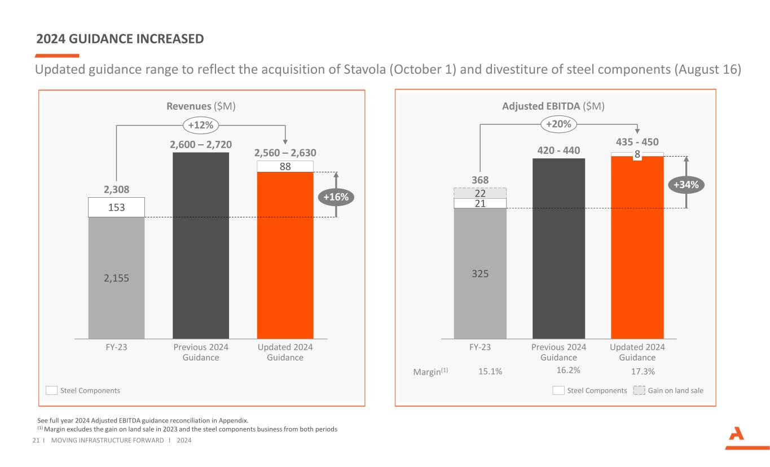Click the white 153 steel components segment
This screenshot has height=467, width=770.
pos(116,207)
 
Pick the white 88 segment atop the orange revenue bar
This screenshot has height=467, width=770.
pos(285,166)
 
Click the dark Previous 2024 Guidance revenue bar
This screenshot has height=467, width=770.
pos(200,245)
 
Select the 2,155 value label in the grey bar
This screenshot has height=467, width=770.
pos(116,278)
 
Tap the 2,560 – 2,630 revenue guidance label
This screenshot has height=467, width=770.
pos(285,153)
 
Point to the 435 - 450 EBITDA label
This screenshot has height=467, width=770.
pos(637,142)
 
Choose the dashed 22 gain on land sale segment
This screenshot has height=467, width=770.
pos(480,193)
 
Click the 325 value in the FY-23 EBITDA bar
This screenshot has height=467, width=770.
pos(480,274)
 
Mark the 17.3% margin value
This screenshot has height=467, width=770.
pos(643,372)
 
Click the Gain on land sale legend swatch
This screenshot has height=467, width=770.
pos(639,390)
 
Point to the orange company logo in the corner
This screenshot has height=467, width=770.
pos(738,438)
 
